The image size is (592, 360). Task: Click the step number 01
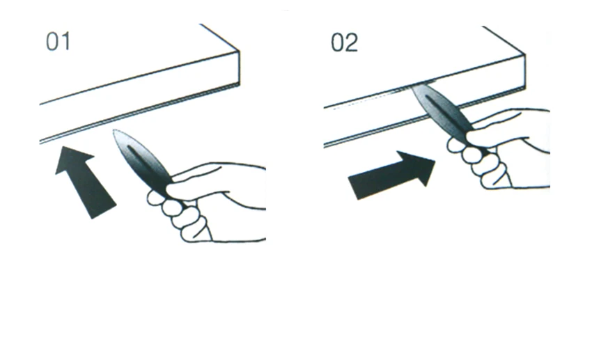(58, 42)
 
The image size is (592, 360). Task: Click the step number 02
(344, 42)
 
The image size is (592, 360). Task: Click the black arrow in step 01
(85, 182)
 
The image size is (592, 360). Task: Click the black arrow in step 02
(391, 174)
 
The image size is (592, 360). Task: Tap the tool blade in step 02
(442, 109)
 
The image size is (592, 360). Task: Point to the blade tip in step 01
(114, 130)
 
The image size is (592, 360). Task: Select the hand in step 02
(499, 148)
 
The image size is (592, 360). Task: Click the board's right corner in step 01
(239, 51)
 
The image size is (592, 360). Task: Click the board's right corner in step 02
(525, 54)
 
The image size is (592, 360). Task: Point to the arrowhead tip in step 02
(435, 162)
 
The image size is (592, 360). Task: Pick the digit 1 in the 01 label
(65, 42)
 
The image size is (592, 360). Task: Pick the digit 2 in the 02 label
(351, 42)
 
